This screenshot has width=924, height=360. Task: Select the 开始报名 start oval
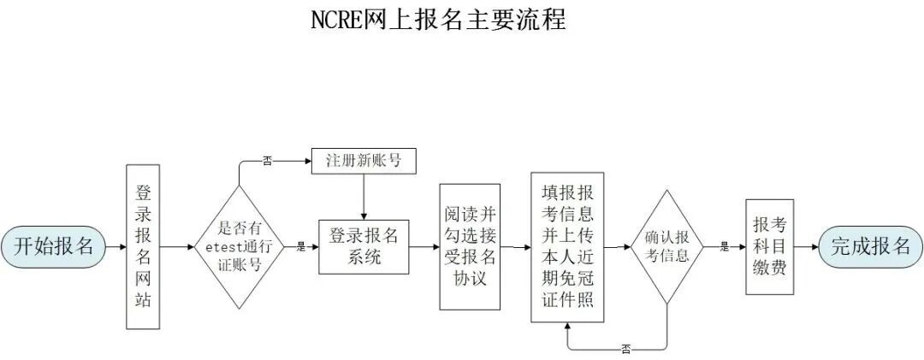pos(54,246)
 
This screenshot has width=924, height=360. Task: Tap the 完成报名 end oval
pos(871,246)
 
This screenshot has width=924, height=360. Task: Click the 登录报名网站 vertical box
pos(143,246)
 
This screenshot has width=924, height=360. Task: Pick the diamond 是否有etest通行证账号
pos(240,246)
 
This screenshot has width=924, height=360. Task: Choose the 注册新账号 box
pos(364,161)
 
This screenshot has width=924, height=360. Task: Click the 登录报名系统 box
pos(364,246)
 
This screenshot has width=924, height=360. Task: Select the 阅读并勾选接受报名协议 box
pos(470,246)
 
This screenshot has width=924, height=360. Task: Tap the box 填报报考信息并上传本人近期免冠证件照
pos(566,246)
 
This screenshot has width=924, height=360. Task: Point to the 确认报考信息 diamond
pos(666,246)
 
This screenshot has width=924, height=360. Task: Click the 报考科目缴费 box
pos(769,246)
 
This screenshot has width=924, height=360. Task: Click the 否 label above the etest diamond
pos(267,161)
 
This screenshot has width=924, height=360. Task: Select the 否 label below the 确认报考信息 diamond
pos(625,349)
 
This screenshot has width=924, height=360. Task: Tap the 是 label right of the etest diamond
pos(300,247)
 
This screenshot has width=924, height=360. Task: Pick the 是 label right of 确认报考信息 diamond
pos(724,247)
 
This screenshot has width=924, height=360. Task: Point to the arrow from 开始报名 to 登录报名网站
pos(115,246)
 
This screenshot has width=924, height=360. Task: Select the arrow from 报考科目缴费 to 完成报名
pos(805,246)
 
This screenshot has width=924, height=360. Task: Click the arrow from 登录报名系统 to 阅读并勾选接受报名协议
pos(423,246)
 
